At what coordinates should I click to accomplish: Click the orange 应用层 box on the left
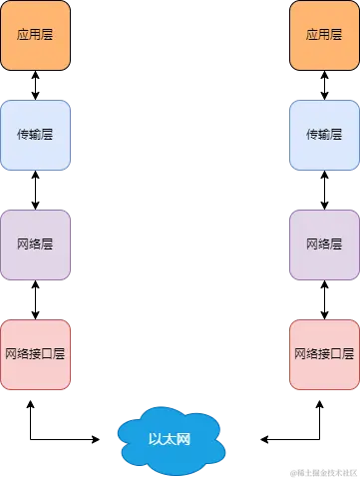(36, 35)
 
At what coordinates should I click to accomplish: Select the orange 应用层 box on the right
(324, 35)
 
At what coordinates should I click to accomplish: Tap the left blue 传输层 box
(36, 134)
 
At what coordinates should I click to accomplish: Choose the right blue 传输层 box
(324, 134)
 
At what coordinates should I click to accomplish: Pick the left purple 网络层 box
(36, 243)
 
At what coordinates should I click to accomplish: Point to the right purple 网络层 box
(324, 243)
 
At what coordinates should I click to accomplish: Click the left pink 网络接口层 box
(36, 354)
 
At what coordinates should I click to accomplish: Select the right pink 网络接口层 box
(324, 354)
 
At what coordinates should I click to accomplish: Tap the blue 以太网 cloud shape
(169, 438)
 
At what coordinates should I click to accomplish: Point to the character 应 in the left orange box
(24, 35)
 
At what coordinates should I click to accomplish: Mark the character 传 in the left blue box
(24, 134)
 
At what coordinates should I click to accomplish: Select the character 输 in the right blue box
(324, 134)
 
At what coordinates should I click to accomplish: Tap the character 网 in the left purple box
(24, 243)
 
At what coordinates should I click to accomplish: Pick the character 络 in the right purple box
(324, 243)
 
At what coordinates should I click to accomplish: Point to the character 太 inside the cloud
(169, 438)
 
